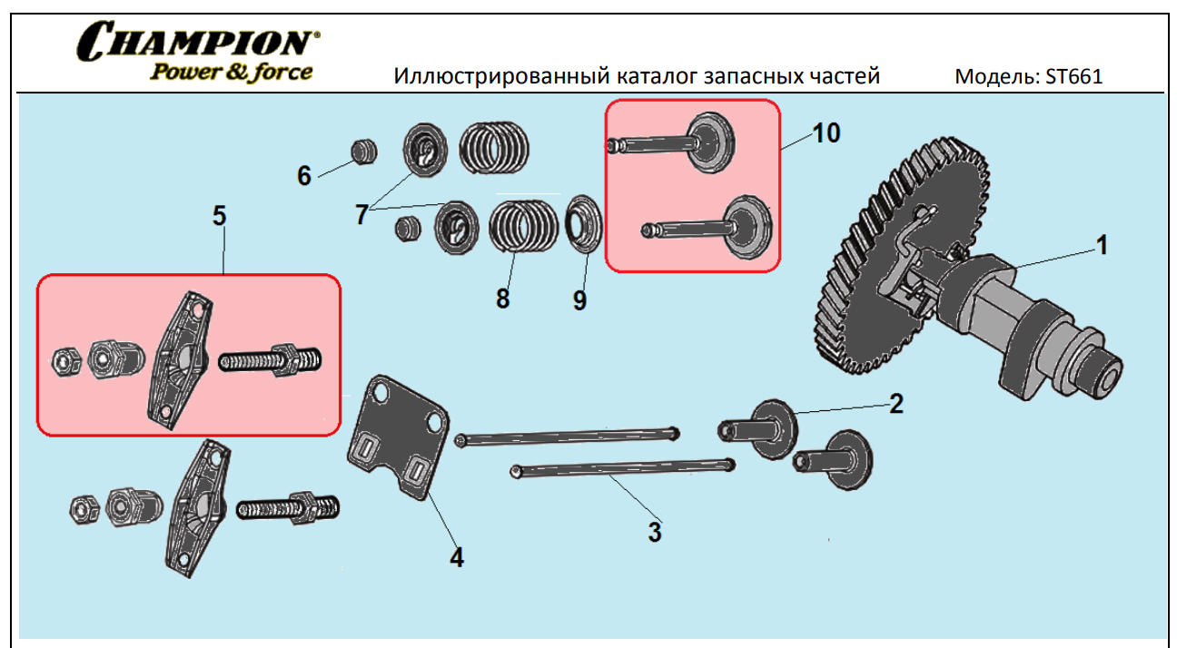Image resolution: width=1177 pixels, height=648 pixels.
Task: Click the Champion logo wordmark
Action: tap(199, 41)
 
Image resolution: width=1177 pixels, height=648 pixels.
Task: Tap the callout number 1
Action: tap(1101, 245)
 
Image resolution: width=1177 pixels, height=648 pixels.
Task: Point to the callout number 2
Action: tap(895, 404)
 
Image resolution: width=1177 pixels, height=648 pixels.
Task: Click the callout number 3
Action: tap(654, 532)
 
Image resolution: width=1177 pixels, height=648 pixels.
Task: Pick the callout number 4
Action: tap(457, 557)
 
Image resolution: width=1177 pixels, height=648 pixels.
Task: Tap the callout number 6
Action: tap(304, 175)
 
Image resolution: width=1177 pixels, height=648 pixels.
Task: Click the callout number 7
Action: tap(361, 214)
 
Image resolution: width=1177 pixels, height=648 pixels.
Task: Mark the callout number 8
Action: tap(502, 298)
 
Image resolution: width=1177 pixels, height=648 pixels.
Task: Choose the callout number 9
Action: tap(579, 299)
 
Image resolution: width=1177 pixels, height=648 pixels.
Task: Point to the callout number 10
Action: tap(826, 133)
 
